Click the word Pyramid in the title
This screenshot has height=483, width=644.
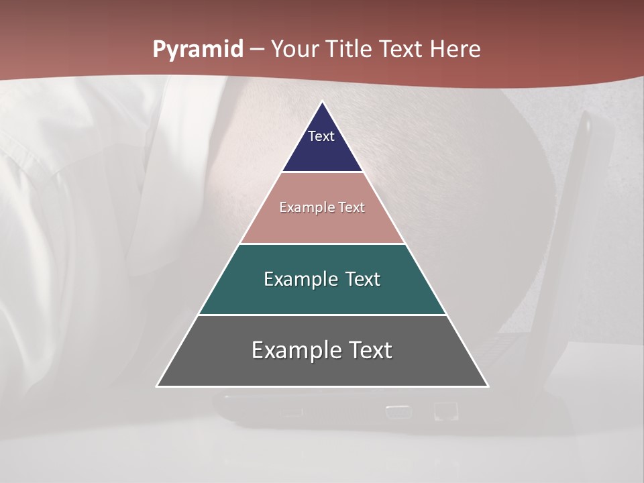(197, 50)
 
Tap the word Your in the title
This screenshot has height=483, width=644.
(298, 49)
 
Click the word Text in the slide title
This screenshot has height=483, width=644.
(403, 49)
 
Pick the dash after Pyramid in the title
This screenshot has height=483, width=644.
(257, 50)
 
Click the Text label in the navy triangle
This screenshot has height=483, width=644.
(321, 136)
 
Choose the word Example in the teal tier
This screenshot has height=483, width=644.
(299, 279)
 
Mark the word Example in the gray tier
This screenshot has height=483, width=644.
(293, 350)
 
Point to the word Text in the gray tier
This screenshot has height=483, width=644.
(367, 350)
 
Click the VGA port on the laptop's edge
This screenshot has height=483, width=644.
(398, 411)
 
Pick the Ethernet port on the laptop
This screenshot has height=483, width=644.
(443, 410)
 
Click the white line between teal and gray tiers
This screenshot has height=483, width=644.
(323, 315)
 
